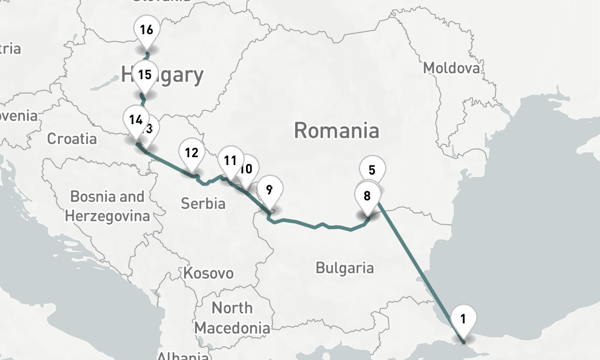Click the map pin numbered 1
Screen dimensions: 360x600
(463, 318)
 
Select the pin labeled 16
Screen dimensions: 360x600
(146, 30)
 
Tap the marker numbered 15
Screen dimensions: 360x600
(144, 75)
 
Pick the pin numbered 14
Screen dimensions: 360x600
(135, 118)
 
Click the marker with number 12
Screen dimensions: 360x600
(372, 170)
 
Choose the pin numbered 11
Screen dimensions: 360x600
(230, 160)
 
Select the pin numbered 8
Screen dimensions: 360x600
(367, 195)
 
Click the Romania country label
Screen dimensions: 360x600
(337, 130)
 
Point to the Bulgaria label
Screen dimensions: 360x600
(345, 268)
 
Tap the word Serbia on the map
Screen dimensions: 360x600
(203, 203)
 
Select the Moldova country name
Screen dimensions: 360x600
(452, 68)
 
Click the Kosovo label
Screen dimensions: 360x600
(208, 274)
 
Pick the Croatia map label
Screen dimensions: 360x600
(72, 139)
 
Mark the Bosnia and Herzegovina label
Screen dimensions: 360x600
(107, 206)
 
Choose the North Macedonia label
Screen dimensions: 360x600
(232, 318)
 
